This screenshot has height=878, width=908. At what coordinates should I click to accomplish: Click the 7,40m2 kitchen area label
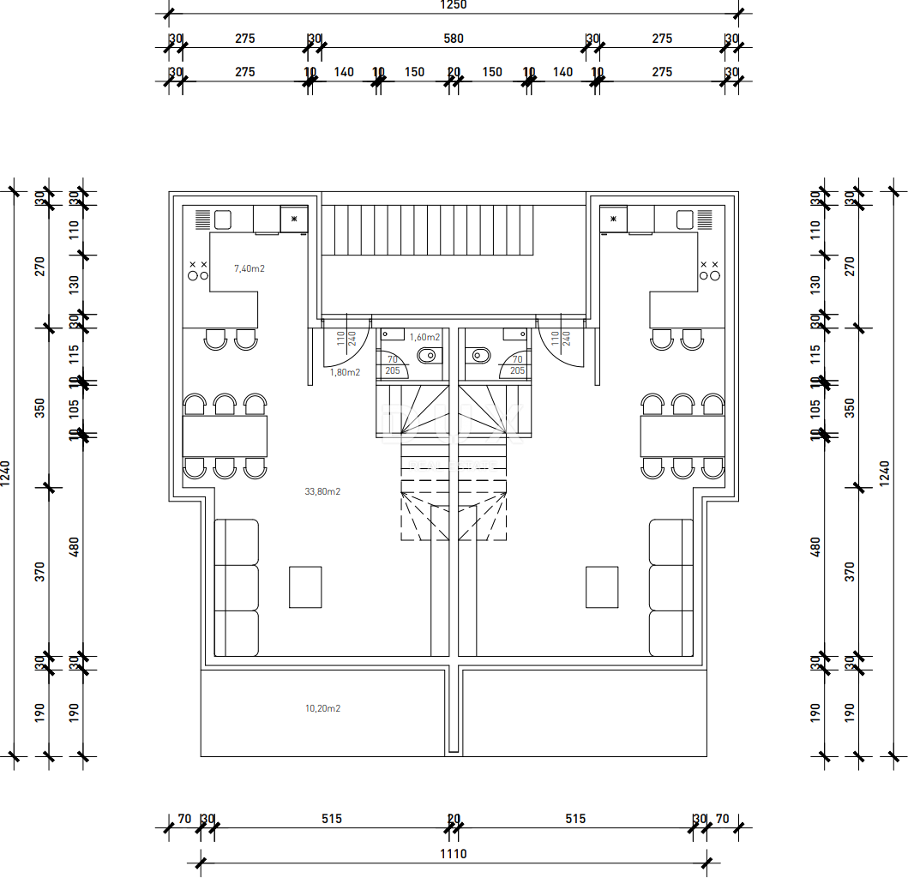[250, 268]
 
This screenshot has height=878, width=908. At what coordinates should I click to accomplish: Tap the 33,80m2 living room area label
[322, 492]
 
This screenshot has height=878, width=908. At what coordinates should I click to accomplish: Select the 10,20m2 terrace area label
[322, 709]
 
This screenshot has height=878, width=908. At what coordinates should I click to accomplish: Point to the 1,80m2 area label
[346, 372]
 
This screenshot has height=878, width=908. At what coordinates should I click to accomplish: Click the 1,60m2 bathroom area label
[424, 337]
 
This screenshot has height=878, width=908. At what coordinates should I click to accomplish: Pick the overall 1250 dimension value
[454, 5]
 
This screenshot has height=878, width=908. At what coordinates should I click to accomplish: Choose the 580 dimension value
[454, 39]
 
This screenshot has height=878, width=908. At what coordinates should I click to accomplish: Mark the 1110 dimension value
[454, 854]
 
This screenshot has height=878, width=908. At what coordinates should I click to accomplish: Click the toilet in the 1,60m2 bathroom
[426, 355]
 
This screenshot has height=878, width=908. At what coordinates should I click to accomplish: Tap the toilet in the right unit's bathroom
[480, 355]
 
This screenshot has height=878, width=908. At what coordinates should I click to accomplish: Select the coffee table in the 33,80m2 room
[305, 586]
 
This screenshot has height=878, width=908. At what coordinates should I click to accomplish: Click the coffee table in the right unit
[602, 586]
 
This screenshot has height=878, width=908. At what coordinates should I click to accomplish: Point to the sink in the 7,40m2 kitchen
[223, 219]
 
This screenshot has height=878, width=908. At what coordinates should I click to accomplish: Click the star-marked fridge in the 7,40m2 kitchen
[294, 219]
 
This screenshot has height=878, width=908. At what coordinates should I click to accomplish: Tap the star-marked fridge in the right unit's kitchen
[614, 219]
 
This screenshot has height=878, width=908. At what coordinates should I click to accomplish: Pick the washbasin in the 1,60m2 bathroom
[393, 333]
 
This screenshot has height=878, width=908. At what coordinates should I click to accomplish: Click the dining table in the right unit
[683, 436]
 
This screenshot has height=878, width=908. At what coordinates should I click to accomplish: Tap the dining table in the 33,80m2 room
[225, 436]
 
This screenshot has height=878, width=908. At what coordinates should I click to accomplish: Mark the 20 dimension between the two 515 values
[454, 819]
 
